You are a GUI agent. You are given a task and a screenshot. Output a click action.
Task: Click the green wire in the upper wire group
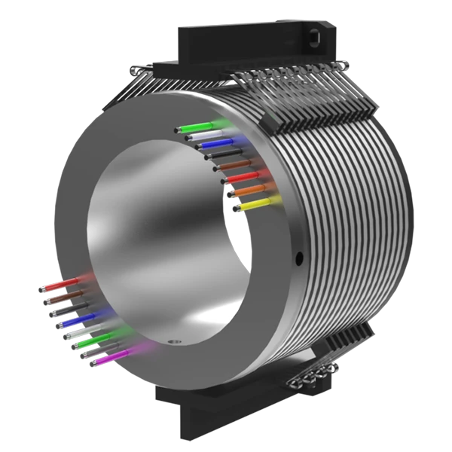[x=207, y=125]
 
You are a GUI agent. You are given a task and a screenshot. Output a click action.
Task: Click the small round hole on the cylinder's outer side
[x=299, y=258]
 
